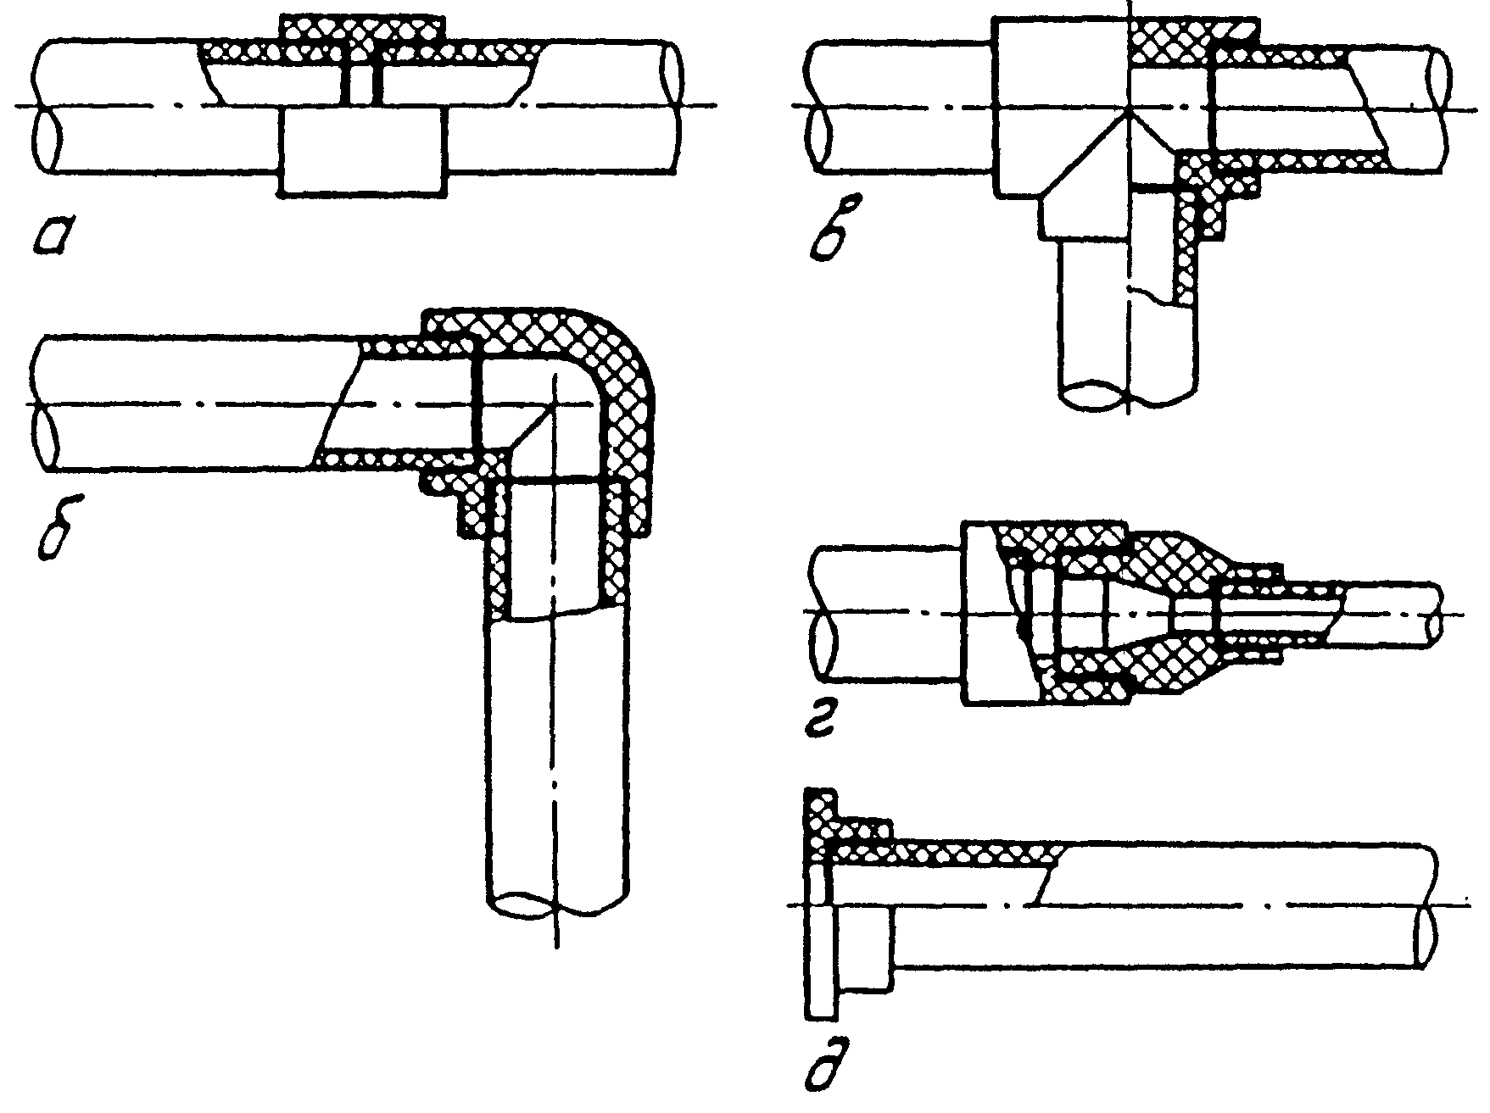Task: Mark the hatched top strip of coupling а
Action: [x=362, y=29]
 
